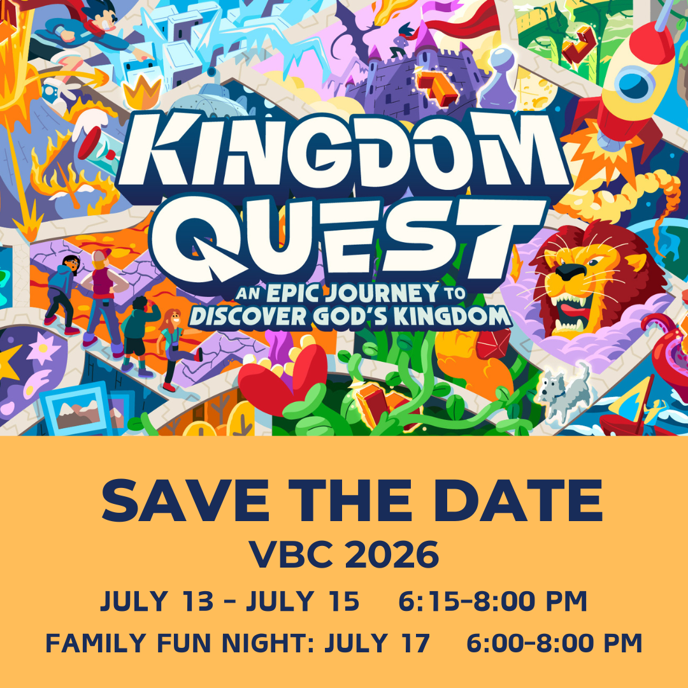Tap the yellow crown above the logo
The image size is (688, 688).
point(142,94)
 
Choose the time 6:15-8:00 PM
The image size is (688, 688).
point(492,602)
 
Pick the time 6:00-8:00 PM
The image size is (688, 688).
point(554,643)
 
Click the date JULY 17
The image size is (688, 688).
point(378,643)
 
